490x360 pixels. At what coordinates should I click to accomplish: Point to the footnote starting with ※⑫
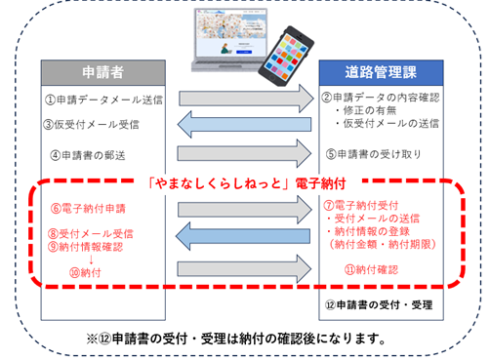point(244,339)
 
